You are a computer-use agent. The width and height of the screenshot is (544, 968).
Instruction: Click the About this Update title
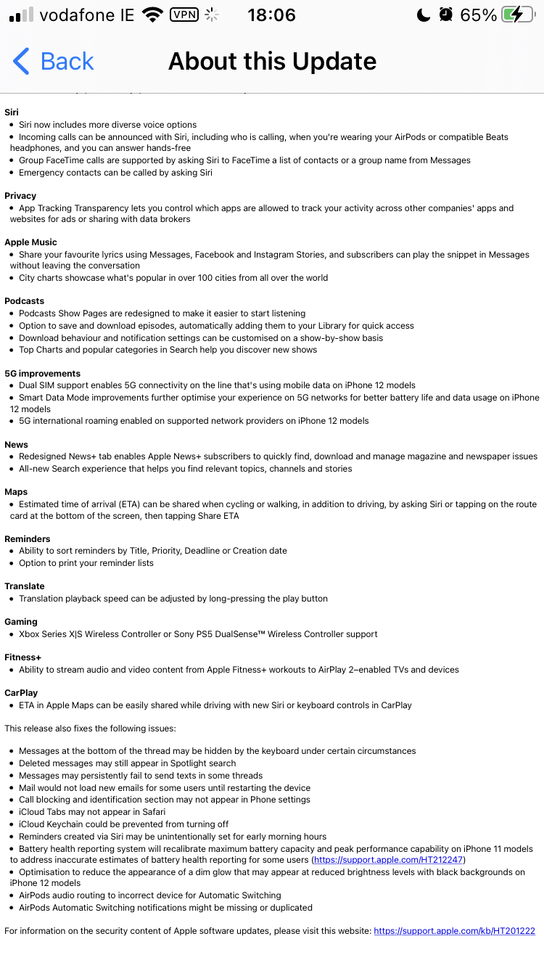coord(272,62)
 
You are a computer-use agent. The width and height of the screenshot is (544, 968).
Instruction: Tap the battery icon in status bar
coord(522,15)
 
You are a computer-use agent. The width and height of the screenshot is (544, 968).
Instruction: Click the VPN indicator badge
coord(184,15)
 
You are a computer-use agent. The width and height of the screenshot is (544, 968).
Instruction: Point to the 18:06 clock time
coord(271,15)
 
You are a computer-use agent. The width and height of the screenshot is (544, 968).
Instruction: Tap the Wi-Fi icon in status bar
coord(152,15)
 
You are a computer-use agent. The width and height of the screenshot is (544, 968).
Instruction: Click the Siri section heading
coord(12,112)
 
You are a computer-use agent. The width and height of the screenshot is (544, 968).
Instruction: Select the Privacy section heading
coord(20,196)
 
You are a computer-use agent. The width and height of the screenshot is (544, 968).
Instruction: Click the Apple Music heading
coord(30,242)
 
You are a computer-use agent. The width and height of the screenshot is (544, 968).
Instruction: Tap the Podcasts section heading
coord(24,301)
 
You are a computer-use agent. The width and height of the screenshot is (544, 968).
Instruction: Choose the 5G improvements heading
coord(42,374)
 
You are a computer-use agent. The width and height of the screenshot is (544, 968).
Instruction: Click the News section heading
coord(16,445)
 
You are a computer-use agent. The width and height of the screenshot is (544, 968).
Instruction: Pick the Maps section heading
coord(16,492)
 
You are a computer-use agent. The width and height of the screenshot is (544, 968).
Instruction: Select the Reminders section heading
coord(28,539)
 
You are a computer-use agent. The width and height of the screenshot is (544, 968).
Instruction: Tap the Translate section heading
coord(25,586)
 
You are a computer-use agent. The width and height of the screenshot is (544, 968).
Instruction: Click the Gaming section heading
coord(21,622)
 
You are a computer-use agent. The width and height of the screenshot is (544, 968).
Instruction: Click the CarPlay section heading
coord(21,693)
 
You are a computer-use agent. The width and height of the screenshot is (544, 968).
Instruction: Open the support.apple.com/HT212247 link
coord(387,860)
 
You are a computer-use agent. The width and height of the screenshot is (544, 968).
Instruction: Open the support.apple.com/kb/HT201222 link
coord(454,931)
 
